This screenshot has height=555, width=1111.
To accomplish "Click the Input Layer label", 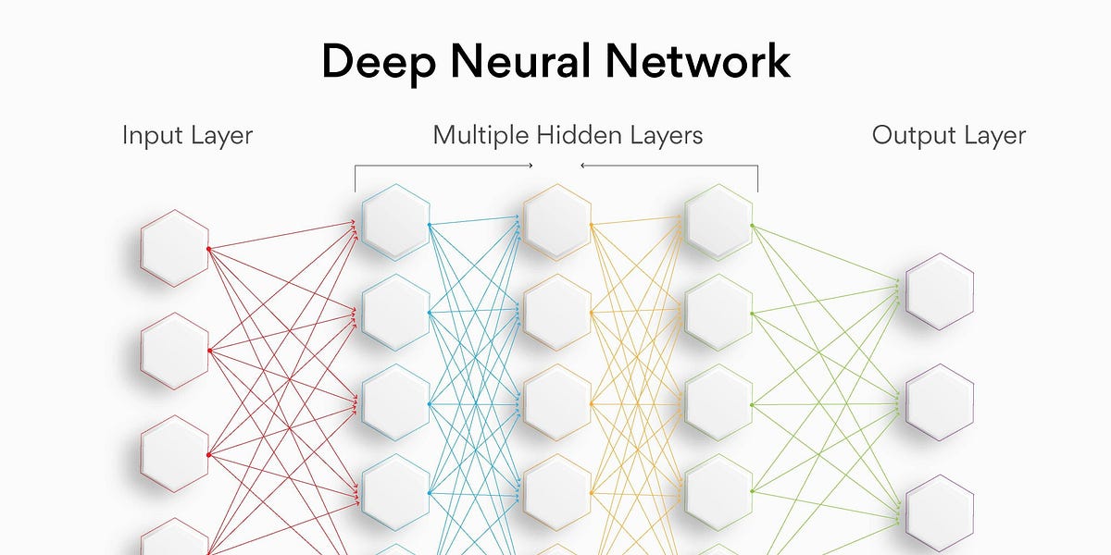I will click(x=187, y=136).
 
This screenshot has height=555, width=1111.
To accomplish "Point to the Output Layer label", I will click(x=949, y=136).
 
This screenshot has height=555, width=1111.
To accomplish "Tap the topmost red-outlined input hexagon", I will click(x=174, y=248).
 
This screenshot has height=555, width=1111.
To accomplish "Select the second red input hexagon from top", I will click(x=174, y=351).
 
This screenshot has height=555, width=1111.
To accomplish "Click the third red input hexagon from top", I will click(x=174, y=453).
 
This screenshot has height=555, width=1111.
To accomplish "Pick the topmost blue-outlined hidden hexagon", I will click(x=395, y=222).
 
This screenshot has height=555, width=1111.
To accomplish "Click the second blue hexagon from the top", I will click(x=395, y=313).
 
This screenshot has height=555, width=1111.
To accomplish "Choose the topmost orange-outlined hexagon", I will click(x=557, y=222).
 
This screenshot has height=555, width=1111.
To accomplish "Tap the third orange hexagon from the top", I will click(x=557, y=402).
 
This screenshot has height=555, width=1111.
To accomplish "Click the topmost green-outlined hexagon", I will click(x=718, y=222).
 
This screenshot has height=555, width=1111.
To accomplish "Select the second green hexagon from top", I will click(x=718, y=313).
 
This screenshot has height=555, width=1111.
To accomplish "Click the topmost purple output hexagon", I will click(x=940, y=291).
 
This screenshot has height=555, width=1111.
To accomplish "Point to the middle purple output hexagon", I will click(x=940, y=402).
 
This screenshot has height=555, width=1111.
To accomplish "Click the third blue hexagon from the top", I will click(x=395, y=402).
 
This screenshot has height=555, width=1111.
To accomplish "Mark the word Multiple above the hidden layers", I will click(x=480, y=136).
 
